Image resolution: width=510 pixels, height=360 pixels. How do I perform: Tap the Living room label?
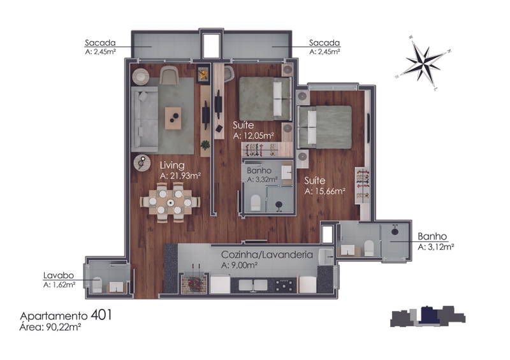tap(172, 165)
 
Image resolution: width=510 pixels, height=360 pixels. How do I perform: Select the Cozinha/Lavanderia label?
tap(266, 254)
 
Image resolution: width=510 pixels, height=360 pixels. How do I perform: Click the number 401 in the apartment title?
tap(101, 315)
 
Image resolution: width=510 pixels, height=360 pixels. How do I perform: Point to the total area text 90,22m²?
tap(62, 327)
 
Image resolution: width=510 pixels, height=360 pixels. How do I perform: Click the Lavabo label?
tap(59, 275)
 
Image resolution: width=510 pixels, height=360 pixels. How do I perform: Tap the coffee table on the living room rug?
tap(173, 119)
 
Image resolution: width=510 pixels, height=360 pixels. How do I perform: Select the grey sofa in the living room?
tap(145, 119)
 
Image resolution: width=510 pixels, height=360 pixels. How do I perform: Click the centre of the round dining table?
tap(170, 203)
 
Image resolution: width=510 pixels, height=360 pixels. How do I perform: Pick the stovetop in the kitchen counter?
tap(286, 285)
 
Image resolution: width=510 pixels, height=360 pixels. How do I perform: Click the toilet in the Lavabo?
tap(97, 285)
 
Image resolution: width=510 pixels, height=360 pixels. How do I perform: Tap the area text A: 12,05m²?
tap(253, 136)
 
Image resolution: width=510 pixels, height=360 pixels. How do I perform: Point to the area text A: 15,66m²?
tap(325, 191)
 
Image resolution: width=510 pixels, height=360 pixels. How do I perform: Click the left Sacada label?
tap(100, 43)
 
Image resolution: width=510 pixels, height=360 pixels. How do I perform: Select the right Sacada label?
tap(324, 43)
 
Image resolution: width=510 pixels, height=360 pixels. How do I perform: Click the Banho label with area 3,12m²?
tap(432, 236)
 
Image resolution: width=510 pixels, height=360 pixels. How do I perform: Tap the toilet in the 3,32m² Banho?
tap(256, 202)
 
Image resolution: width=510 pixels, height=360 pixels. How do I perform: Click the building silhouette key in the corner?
tap(428, 316)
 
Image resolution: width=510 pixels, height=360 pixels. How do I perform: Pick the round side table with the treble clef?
tap(142, 162)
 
